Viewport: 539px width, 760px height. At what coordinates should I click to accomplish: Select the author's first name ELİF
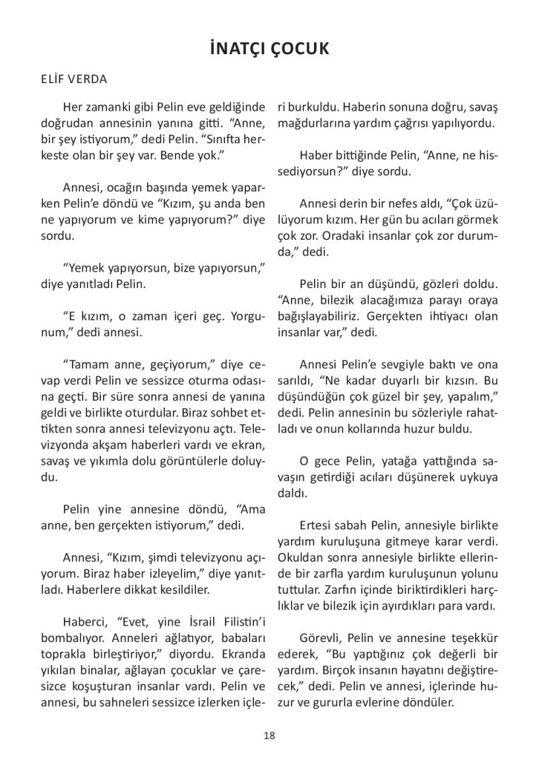click(54, 79)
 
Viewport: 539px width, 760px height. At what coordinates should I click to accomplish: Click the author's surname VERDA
click(89, 79)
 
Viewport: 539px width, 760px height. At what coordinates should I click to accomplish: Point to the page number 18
click(269, 736)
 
